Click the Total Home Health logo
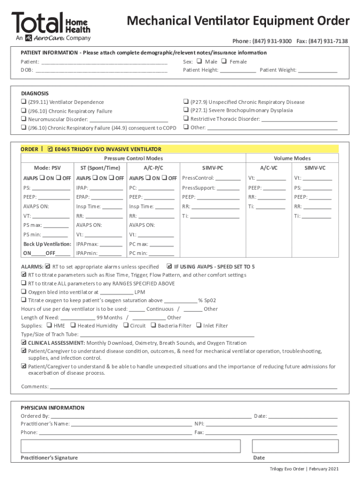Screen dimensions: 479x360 point(51,26)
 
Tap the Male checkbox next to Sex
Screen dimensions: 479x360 point(199,61)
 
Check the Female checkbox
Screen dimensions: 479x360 point(223,61)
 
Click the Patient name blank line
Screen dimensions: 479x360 point(105,62)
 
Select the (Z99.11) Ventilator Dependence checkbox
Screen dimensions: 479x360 point(23,102)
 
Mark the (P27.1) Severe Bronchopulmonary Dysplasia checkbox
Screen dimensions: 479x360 point(186,110)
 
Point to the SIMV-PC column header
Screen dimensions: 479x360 point(212,167)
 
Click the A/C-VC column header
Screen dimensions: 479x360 point(269,167)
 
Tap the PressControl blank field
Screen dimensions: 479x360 point(228,178)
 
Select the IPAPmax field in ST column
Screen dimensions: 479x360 point(111,244)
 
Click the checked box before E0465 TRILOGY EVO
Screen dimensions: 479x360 point(50,149)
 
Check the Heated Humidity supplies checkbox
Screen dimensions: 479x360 point(73,326)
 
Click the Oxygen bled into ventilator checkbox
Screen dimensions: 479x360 point(23,292)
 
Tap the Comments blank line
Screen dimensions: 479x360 point(193,386)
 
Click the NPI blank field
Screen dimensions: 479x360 point(271,424)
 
